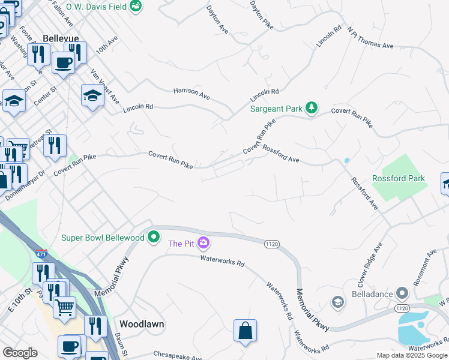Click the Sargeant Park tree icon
[311, 108]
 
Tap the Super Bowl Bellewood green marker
[154, 237]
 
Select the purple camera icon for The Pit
[204, 242]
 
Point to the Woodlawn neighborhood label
[142, 324]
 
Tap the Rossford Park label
[399, 178]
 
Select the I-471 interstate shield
[41, 254]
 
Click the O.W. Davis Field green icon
[136, 6]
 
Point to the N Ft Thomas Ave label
[370, 37]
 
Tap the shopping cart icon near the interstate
[65, 307]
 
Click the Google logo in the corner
[20, 353]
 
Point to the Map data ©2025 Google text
[412, 355]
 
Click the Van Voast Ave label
[104, 86]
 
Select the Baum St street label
[122, 344]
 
